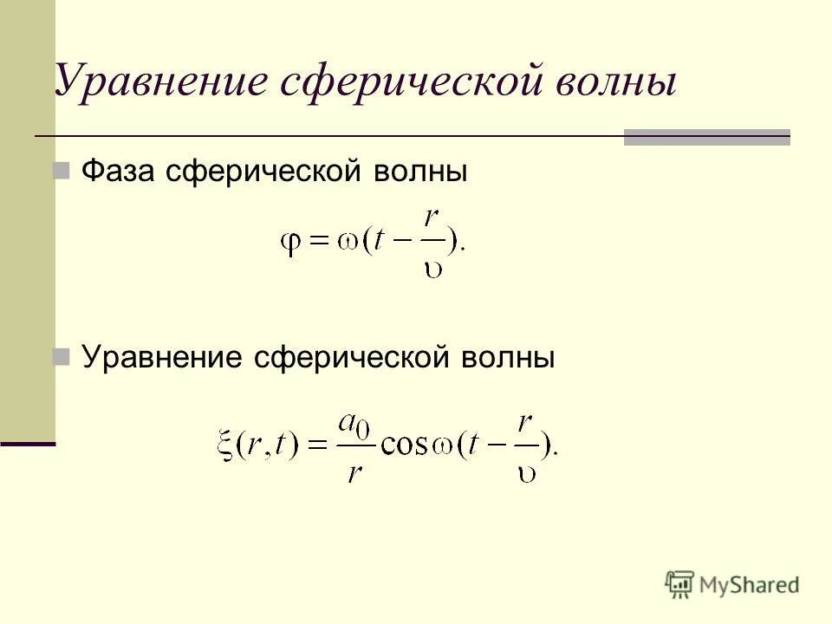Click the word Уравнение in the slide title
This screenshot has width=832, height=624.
click(159, 81)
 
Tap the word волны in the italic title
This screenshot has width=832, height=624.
click(611, 81)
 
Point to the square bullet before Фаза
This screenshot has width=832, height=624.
click(62, 172)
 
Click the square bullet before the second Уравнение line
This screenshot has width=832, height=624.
click(62, 356)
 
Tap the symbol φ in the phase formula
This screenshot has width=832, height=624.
click(289, 244)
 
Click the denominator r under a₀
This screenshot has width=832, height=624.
click(353, 472)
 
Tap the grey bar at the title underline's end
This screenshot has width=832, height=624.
click(706, 137)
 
